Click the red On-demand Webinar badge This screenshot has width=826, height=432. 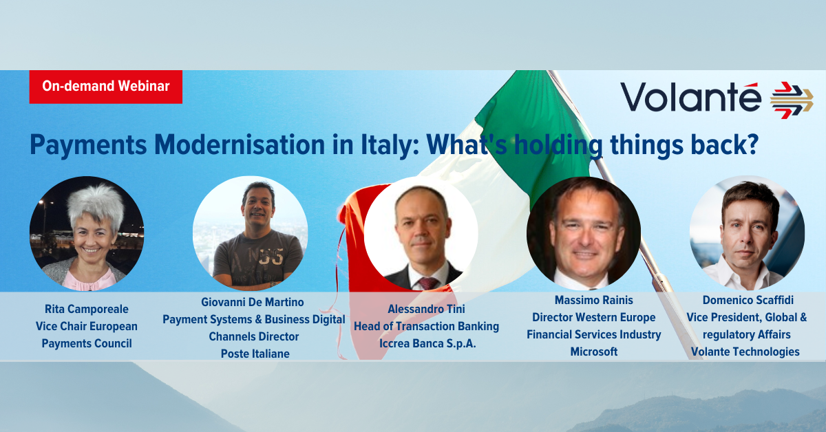106,87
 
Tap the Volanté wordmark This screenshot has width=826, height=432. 690,96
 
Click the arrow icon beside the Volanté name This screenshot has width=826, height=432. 792,100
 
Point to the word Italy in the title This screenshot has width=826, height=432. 390,145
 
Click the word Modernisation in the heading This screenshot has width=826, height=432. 240,144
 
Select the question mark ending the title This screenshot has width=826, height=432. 751,144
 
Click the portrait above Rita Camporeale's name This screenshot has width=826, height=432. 87,233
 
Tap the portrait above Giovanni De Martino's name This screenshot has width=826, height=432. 250,233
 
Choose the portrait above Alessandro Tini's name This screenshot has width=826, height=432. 421,234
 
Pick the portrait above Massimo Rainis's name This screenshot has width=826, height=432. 584,233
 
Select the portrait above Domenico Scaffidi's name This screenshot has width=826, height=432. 747,233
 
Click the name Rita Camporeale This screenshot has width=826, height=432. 87,309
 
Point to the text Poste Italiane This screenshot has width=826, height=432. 255,354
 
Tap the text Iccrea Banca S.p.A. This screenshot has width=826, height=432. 427,343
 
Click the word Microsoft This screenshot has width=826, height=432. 594,352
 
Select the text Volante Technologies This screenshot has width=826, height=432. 745,352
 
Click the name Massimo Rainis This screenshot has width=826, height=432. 593,300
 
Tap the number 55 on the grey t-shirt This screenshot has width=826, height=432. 271,257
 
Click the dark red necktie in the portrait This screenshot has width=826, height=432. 427,283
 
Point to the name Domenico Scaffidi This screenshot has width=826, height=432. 748,300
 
